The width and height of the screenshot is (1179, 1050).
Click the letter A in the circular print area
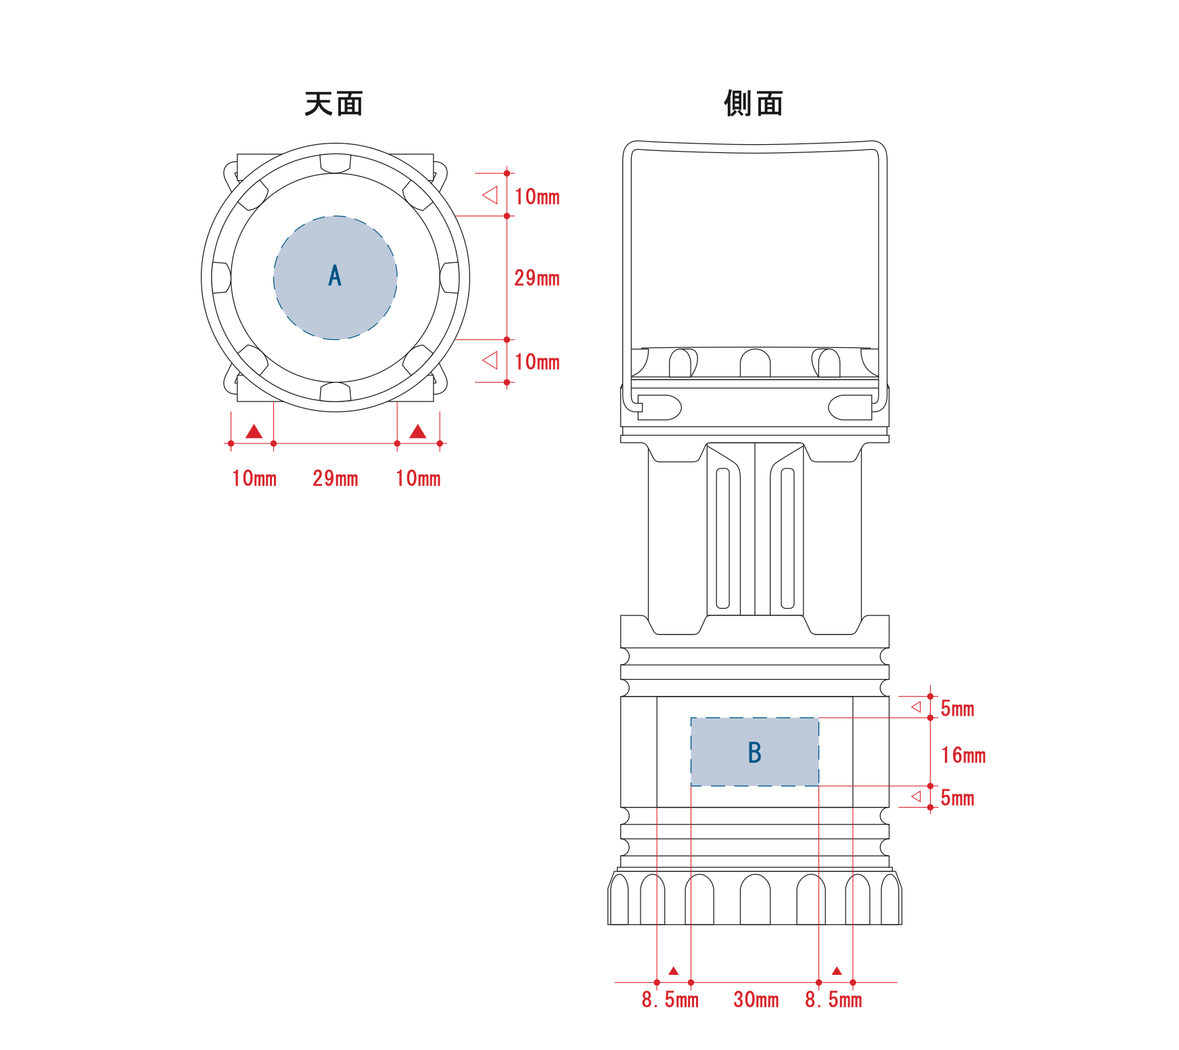tap(335, 276)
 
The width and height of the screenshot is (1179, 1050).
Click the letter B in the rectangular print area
tap(755, 753)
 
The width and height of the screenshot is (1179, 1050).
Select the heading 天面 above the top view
tap(333, 104)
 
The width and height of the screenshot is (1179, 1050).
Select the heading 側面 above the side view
tap(754, 104)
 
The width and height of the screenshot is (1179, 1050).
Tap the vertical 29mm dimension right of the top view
tap(537, 278)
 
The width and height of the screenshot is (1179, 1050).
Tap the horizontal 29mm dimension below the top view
tap(336, 478)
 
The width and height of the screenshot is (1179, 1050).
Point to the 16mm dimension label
tap(963, 755)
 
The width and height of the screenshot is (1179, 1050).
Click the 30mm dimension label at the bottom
tap(756, 999)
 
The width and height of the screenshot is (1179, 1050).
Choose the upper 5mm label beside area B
tap(957, 709)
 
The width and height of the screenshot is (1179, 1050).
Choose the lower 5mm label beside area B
tap(957, 797)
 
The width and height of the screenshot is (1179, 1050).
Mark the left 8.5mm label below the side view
tap(670, 999)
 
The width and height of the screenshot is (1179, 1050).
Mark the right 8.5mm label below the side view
tap(833, 999)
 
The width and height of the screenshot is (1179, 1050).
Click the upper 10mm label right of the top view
tap(537, 196)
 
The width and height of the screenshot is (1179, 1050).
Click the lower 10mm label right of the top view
tap(537, 362)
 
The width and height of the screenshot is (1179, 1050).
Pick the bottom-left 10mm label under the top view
tap(254, 478)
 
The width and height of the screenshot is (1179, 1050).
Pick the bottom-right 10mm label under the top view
tap(418, 478)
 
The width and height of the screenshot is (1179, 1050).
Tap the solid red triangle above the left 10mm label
tap(254, 432)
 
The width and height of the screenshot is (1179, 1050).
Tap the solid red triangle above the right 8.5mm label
tap(837, 971)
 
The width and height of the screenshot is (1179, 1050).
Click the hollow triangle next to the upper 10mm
tap(491, 196)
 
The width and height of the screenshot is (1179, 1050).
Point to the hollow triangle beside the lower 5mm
tap(917, 796)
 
